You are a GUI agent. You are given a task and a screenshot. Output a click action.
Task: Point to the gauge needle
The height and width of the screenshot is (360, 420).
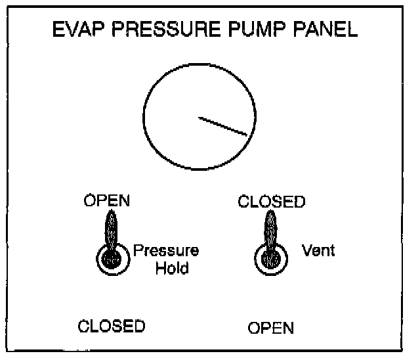click(223, 126)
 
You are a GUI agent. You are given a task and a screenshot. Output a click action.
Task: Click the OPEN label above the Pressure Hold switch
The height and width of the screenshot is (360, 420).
click(107, 201)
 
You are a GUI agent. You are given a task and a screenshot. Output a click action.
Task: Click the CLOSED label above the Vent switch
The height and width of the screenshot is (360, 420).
click(271, 202)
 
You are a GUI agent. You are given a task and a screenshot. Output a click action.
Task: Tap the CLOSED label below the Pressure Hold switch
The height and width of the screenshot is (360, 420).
click(111, 326)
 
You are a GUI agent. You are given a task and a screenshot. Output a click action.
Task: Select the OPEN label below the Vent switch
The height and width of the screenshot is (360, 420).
click(270, 327)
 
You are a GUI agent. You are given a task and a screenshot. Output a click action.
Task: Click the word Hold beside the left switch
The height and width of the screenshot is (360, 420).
click(171, 268)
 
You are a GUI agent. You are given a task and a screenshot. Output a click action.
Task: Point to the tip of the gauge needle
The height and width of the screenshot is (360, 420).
click(247, 135)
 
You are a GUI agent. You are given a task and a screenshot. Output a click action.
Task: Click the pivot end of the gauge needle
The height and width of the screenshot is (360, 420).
click(199, 118)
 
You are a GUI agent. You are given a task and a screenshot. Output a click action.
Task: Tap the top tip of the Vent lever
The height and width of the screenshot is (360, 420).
click(269, 212)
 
